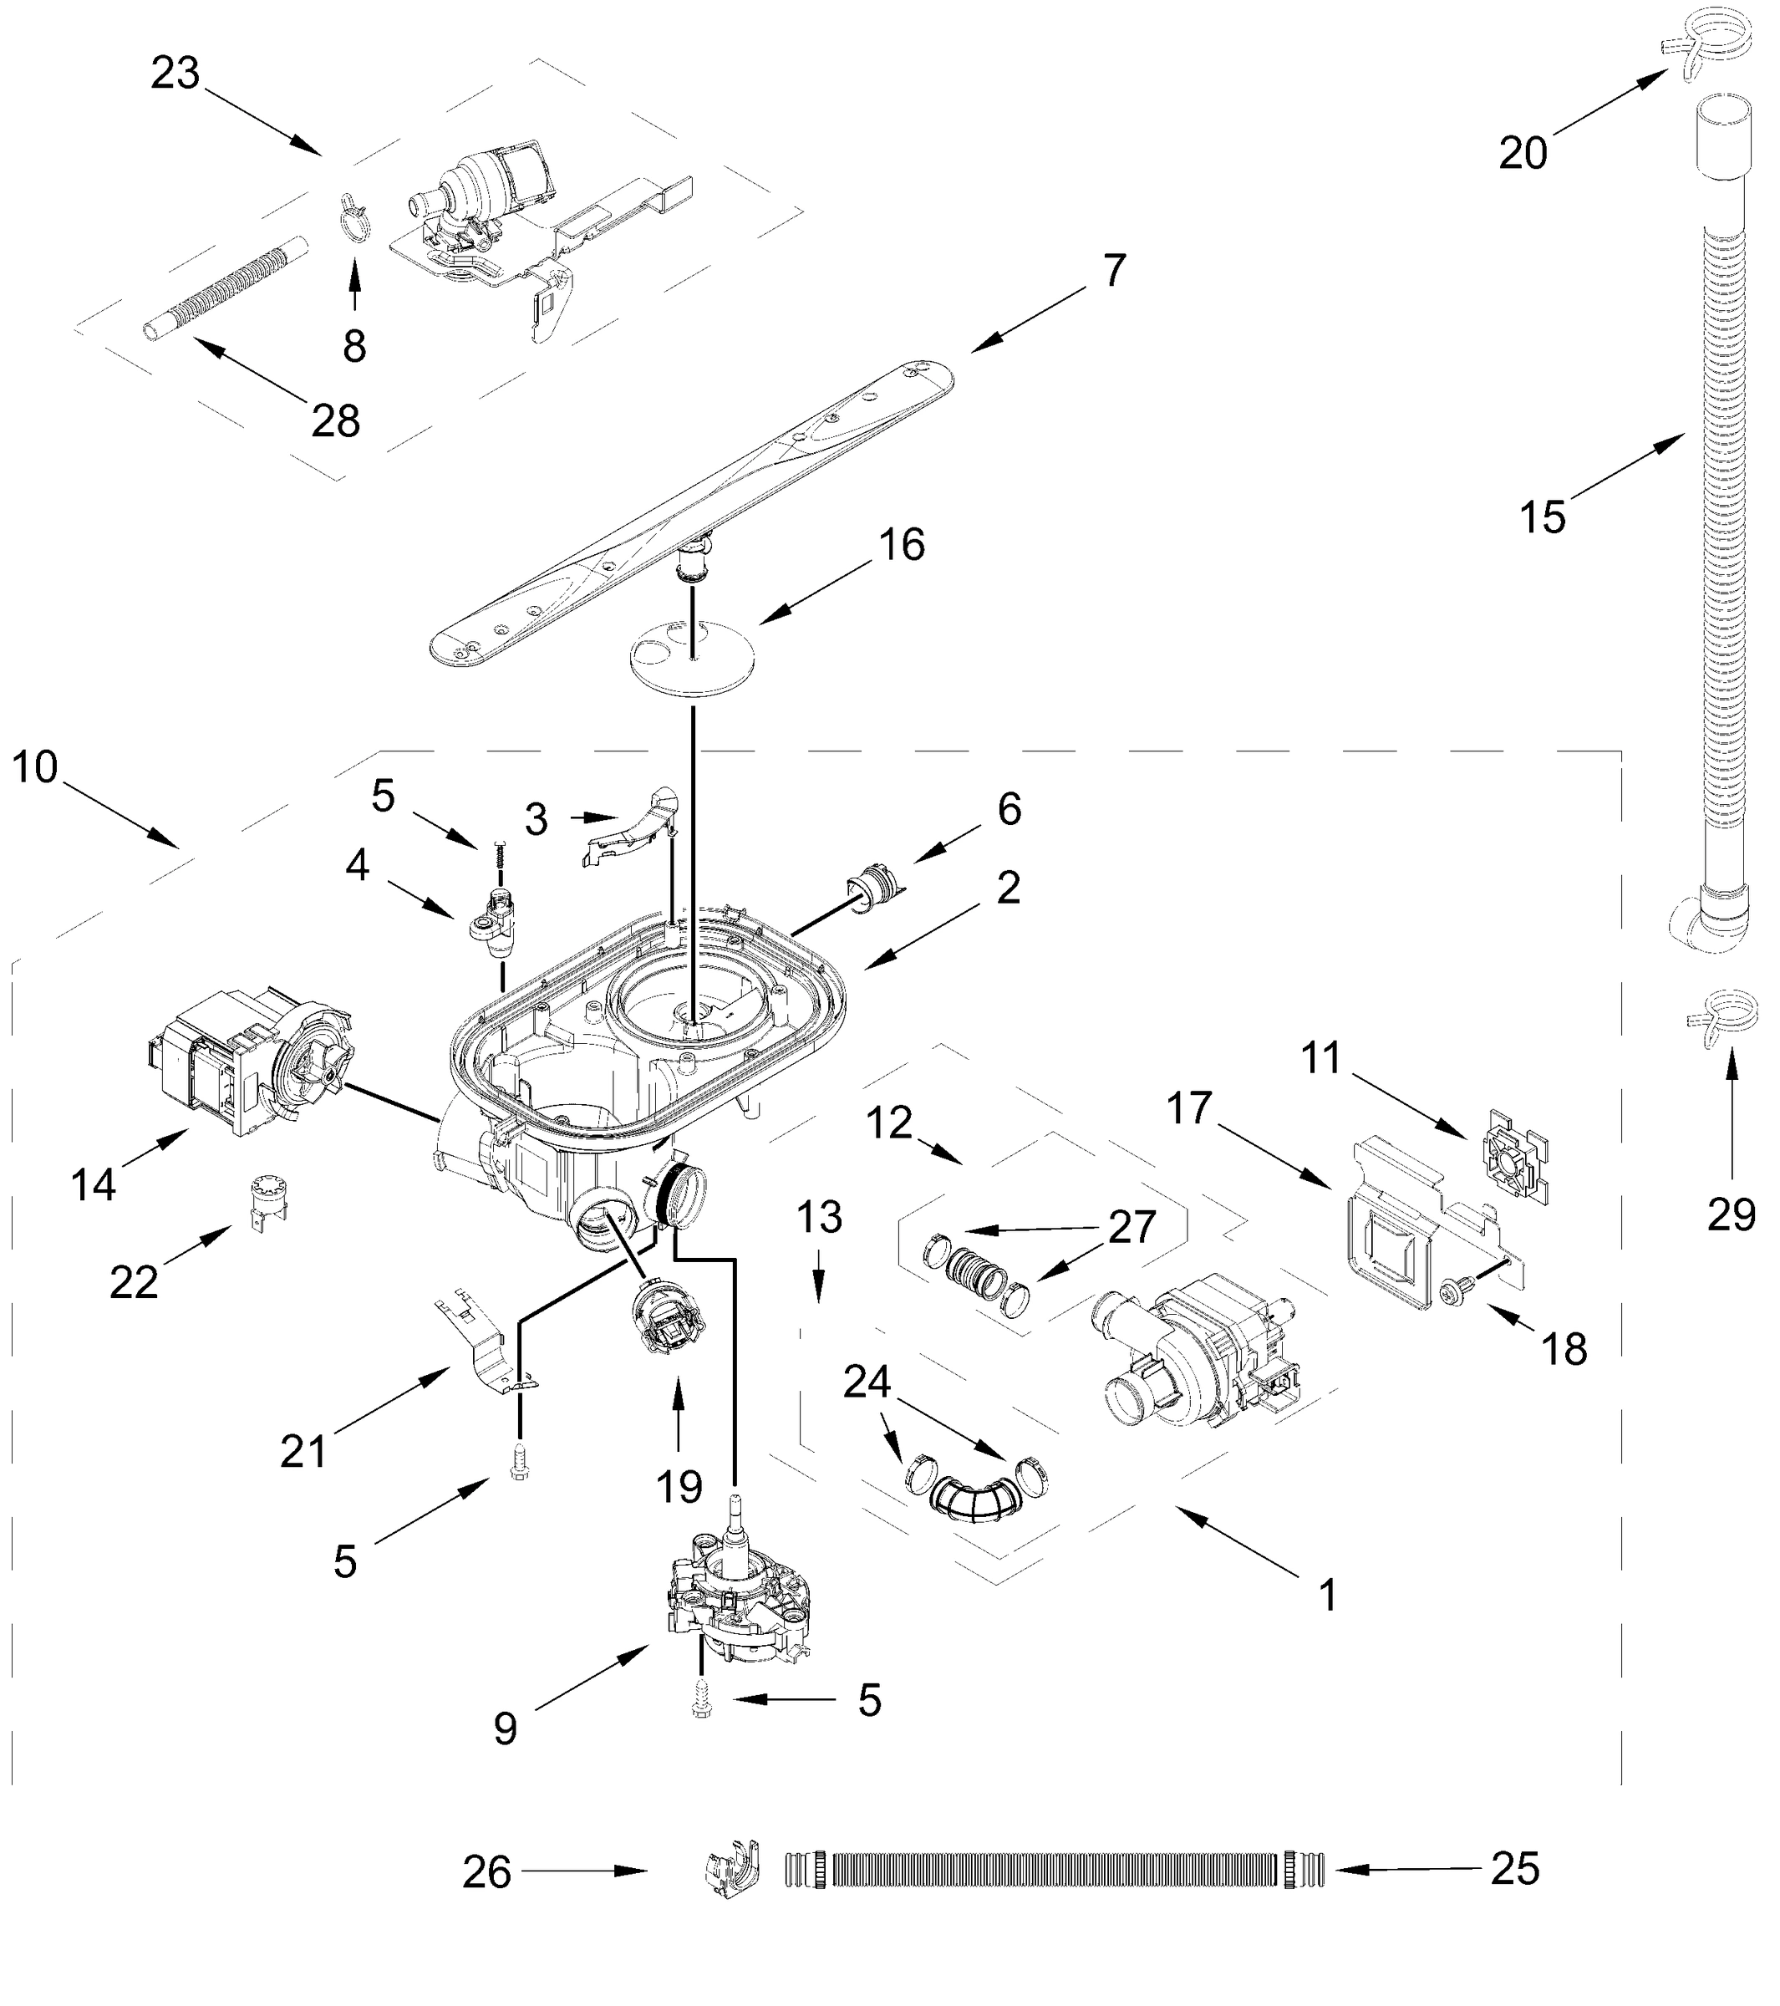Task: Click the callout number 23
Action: (x=175, y=74)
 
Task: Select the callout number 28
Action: (x=336, y=422)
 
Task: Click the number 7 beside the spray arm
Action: (x=1114, y=271)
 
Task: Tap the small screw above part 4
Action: (x=501, y=851)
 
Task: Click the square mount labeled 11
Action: (x=1517, y=1158)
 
